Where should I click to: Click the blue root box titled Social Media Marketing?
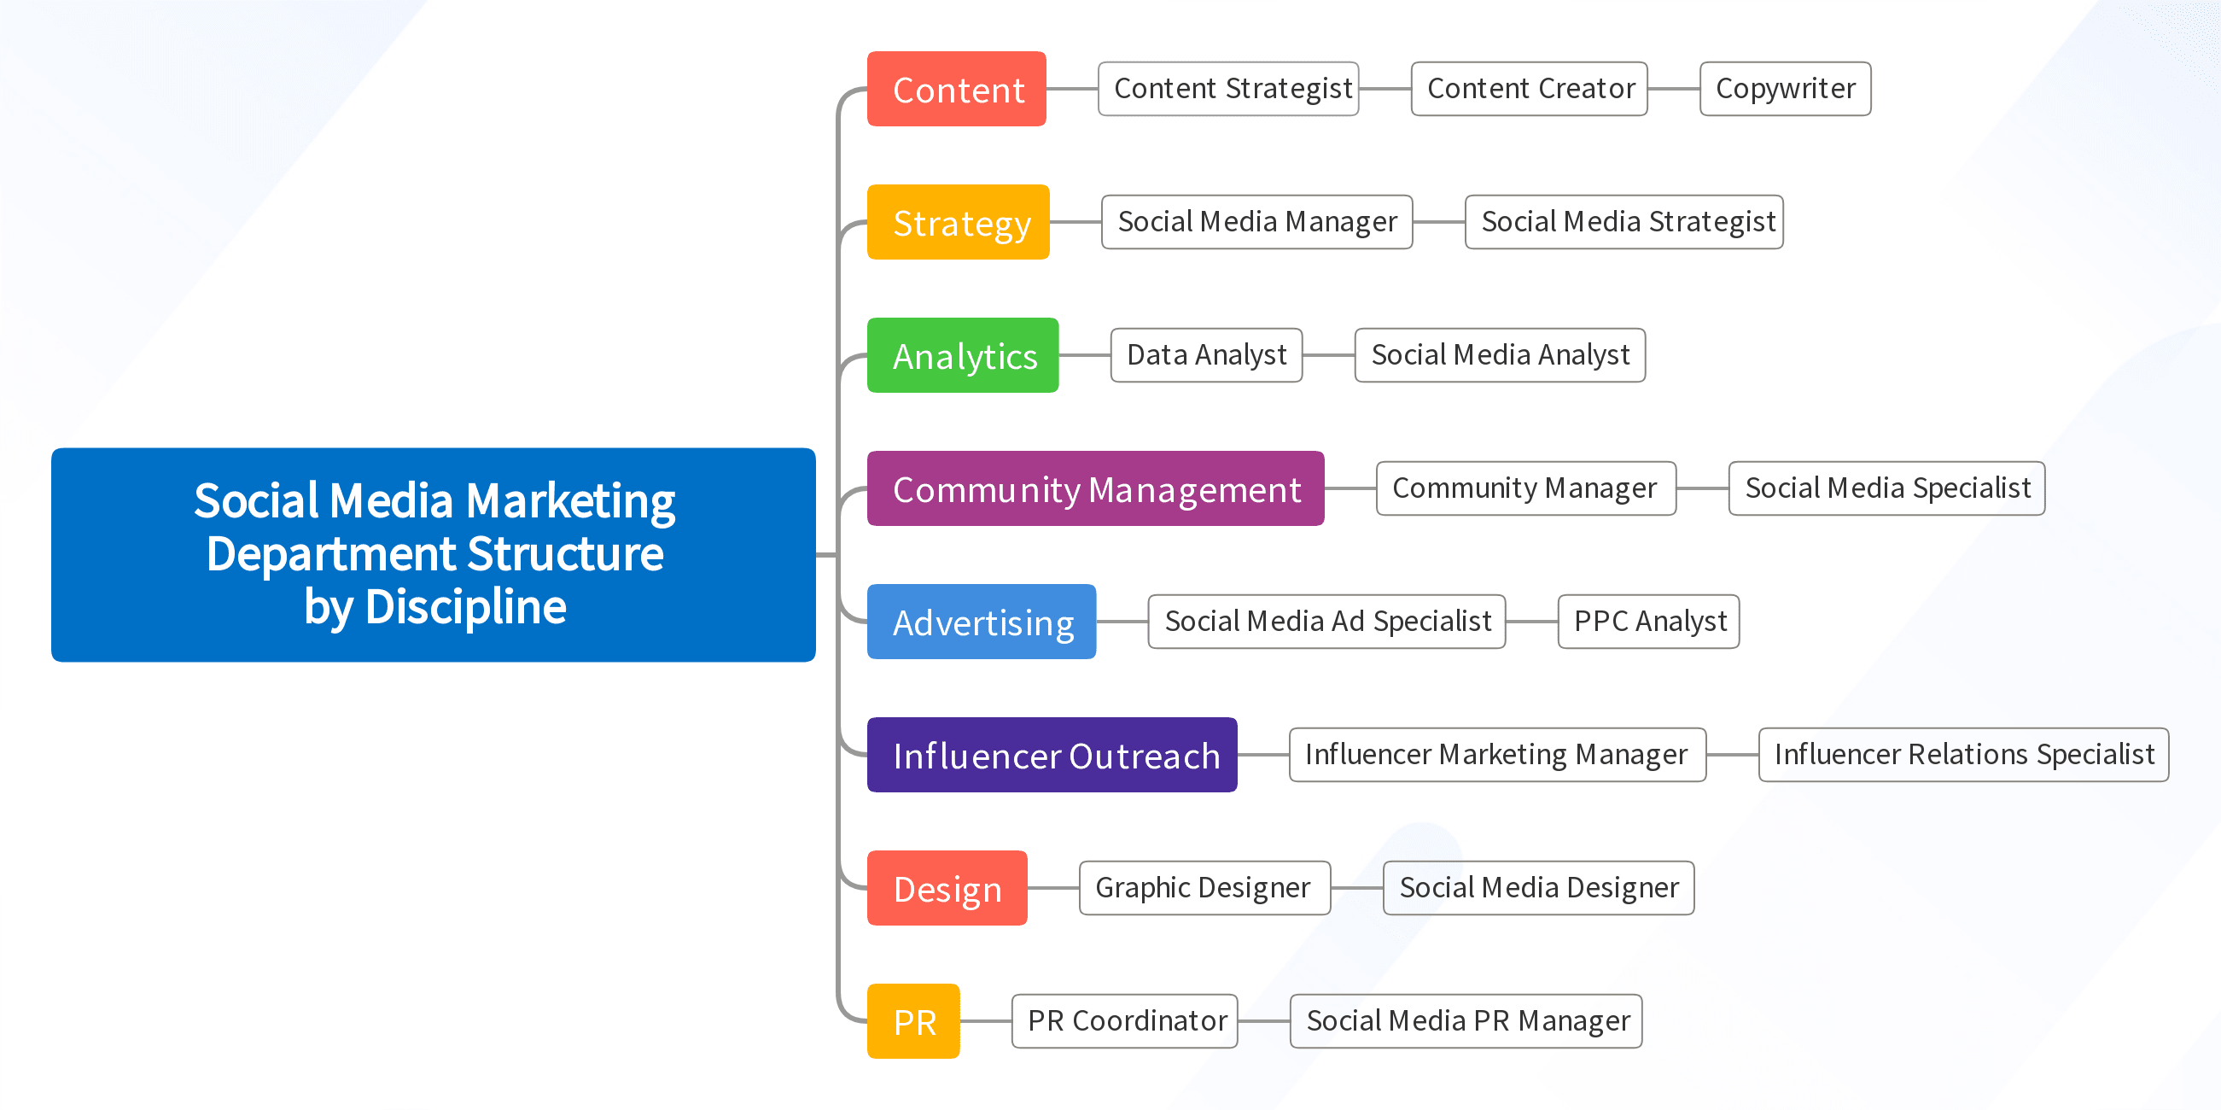point(433,553)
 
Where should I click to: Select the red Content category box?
point(956,89)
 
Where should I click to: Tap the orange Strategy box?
point(958,222)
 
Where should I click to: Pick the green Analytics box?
point(962,355)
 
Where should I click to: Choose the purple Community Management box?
point(1095,488)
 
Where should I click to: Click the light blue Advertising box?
point(981,621)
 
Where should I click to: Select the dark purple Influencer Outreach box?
point(1052,755)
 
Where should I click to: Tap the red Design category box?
point(947,887)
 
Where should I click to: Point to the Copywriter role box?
point(1785,89)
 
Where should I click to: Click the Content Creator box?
point(1529,89)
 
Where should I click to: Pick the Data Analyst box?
point(1206,355)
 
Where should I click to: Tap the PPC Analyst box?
point(1648,621)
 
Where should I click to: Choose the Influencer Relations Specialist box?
point(1963,755)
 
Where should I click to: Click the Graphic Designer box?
point(1204,887)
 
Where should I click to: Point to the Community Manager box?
point(1525,488)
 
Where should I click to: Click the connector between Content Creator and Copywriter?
point(1674,89)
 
